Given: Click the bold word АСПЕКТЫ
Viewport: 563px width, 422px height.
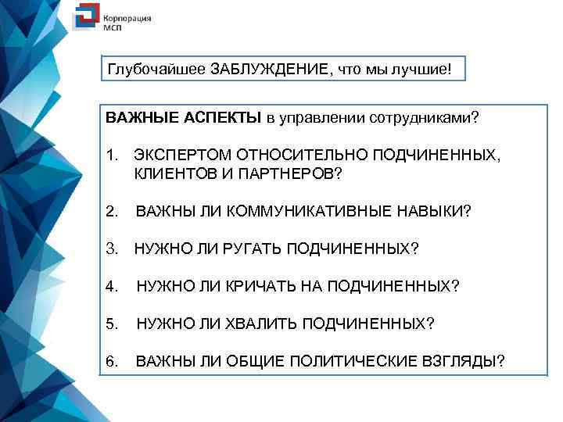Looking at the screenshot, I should (222, 119).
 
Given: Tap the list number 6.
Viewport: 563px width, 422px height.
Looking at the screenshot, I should (111, 361).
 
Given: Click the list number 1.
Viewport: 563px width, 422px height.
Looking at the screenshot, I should (111, 155).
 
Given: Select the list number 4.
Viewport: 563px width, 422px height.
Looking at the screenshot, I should (111, 286).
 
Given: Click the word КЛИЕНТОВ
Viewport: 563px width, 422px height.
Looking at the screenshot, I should (170, 173).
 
